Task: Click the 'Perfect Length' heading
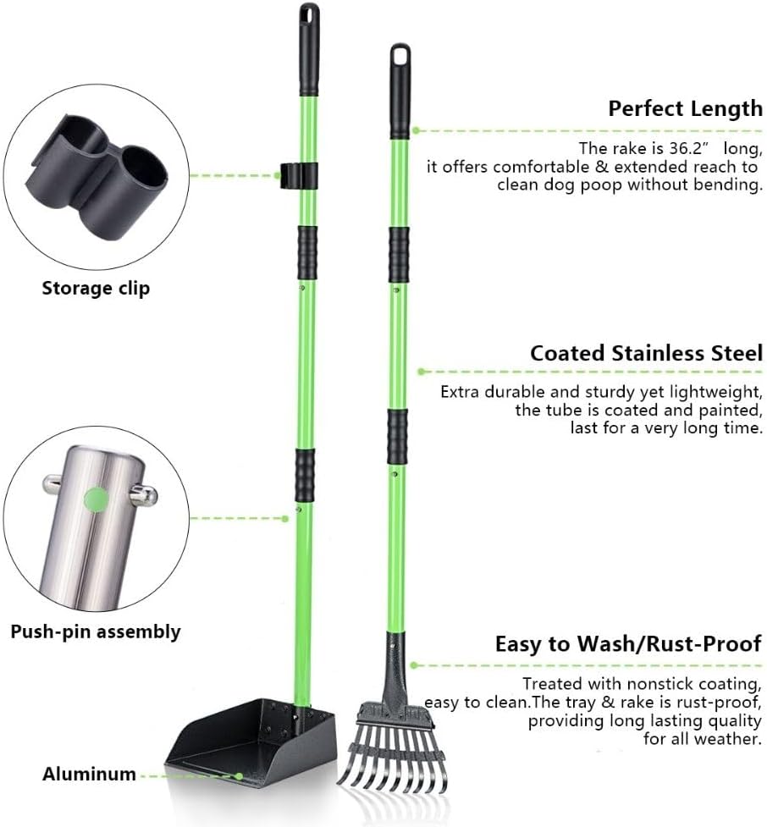click(x=685, y=108)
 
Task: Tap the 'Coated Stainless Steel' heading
click(x=646, y=353)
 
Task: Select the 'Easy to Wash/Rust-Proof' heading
click(x=628, y=644)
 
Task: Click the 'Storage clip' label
click(x=96, y=289)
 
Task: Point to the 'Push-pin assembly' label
click(x=96, y=631)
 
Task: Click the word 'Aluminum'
click(x=89, y=774)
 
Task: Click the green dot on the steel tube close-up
click(x=96, y=499)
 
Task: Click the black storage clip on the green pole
click(x=298, y=175)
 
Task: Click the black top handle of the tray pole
click(x=310, y=49)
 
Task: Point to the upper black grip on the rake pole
click(x=399, y=256)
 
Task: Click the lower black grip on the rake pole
click(x=397, y=436)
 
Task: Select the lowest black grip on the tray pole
click(x=305, y=475)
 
